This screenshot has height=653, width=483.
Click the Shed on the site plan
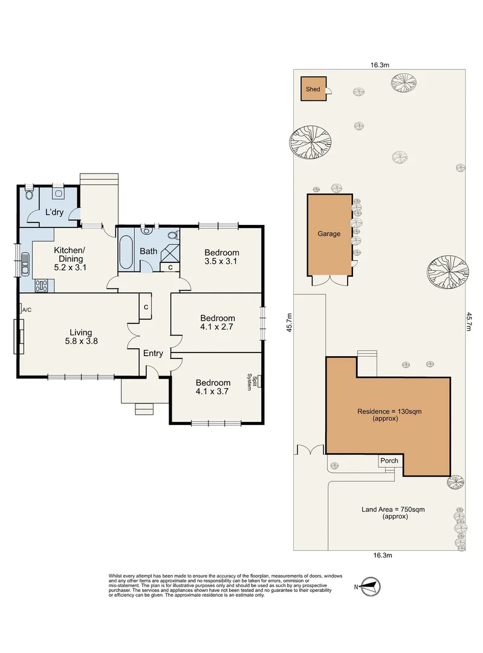(x=314, y=89)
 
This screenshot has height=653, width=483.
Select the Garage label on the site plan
(x=329, y=233)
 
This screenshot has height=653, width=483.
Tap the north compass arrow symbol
(x=370, y=586)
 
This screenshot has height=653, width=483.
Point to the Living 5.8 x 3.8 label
(x=81, y=337)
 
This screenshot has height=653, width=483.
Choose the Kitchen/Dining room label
(x=70, y=259)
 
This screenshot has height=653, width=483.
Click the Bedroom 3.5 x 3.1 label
(x=221, y=256)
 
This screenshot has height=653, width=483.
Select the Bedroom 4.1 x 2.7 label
(x=218, y=322)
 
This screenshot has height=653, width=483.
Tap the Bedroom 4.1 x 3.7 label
(x=213, y=387)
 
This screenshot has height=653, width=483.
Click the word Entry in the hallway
(x=153, y=353)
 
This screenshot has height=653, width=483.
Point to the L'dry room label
(x=54, y=212)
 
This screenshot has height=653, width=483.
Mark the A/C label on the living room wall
(x=27, y=310)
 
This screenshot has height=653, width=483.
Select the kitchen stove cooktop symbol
(x=42, y=285)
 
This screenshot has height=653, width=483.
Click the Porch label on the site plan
(x=389, y=461)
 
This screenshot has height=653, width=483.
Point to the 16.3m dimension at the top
(x=380, y=65)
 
